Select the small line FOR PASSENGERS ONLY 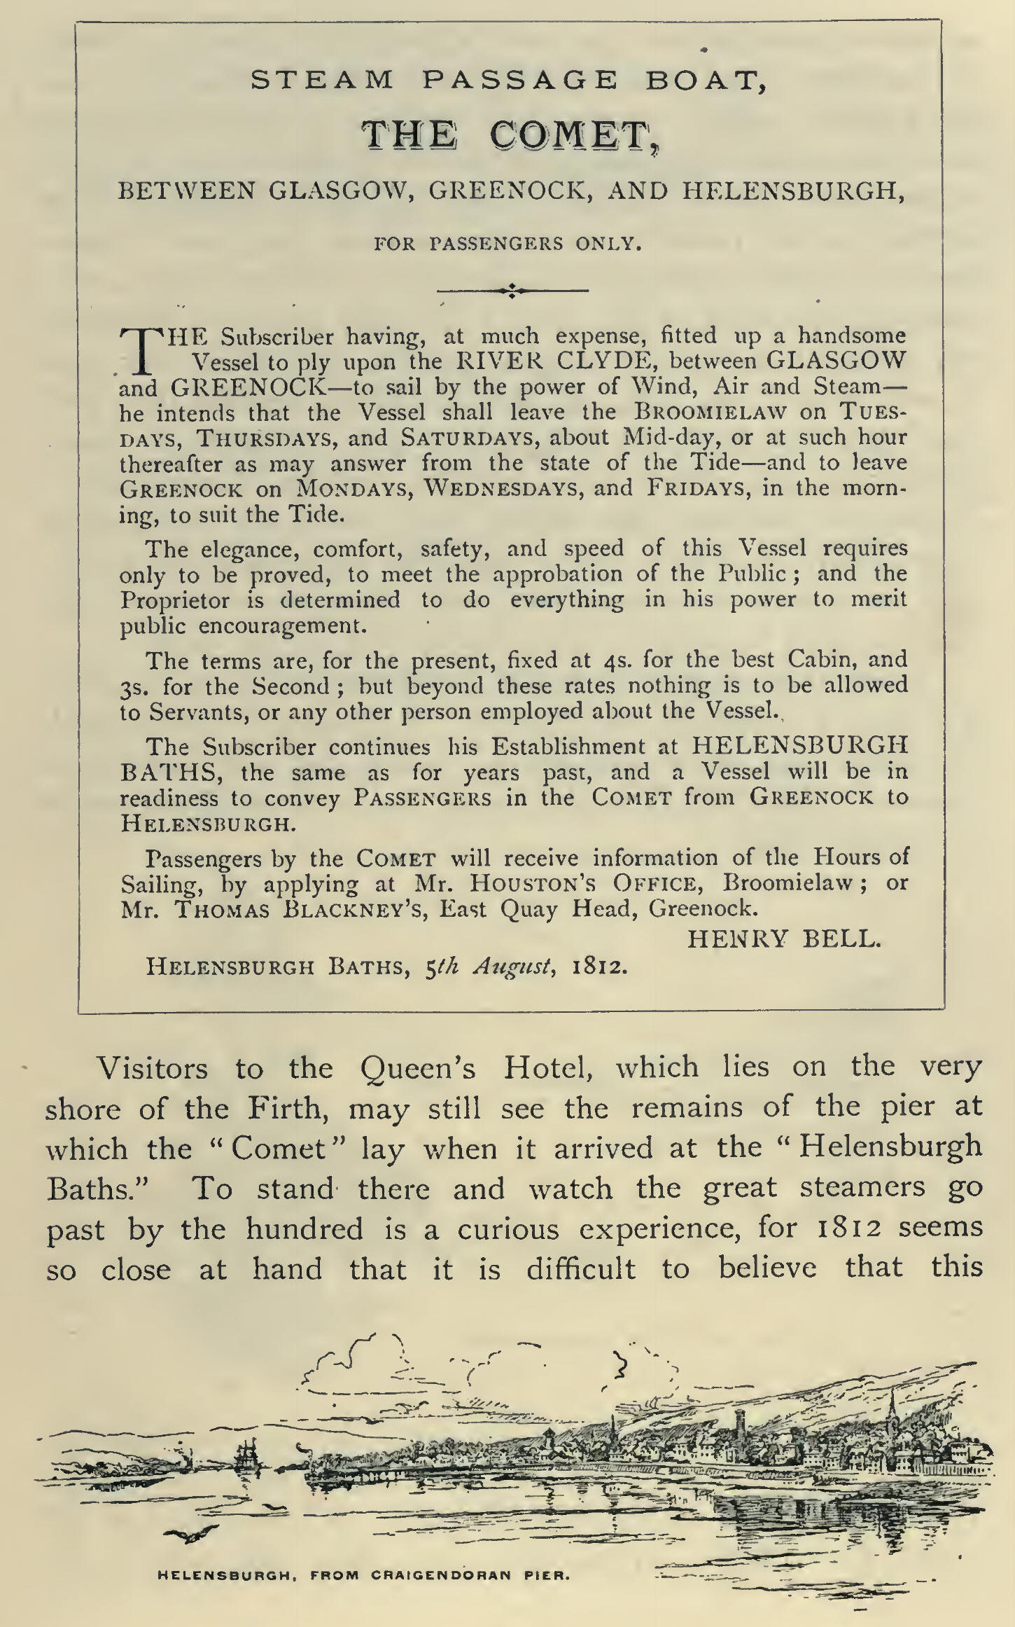pos(507,244)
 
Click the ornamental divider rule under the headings pos(512,290)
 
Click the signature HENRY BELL pos(783,939)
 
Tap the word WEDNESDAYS pos(504,488)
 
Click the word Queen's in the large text pos(418,1069)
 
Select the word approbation pos(557,574)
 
